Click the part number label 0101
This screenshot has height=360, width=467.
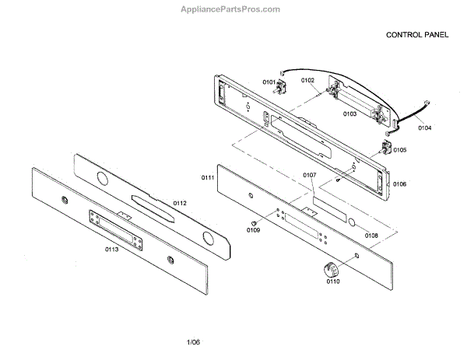269,82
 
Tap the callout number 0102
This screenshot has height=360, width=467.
307,80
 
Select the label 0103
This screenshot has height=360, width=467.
350,114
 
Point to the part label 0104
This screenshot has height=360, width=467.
425,127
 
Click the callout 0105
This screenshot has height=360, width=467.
399,149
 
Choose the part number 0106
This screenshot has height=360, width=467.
399,183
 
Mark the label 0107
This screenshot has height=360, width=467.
309,176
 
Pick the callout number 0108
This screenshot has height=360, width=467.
371,235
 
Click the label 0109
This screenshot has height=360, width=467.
253,230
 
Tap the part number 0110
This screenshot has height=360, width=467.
333,281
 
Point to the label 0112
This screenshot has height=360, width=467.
180,203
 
